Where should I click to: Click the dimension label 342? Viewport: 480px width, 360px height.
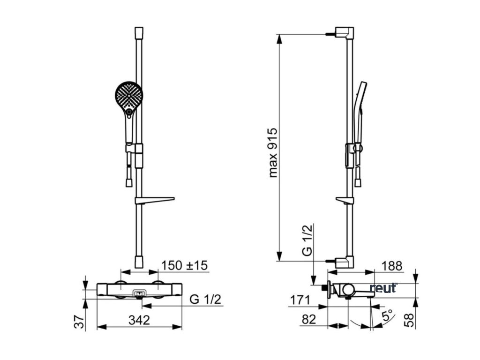[139, 320]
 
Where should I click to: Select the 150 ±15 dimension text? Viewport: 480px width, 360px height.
[184, 265]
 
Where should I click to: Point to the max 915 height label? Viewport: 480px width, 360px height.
[273, 152]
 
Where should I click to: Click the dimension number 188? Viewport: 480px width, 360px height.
[392, 266]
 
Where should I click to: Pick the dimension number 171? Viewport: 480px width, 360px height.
[300, 300]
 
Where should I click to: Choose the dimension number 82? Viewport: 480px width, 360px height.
[308, 319]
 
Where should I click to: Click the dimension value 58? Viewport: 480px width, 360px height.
[409, 320]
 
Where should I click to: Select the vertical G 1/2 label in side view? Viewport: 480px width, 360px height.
[307, 240]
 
